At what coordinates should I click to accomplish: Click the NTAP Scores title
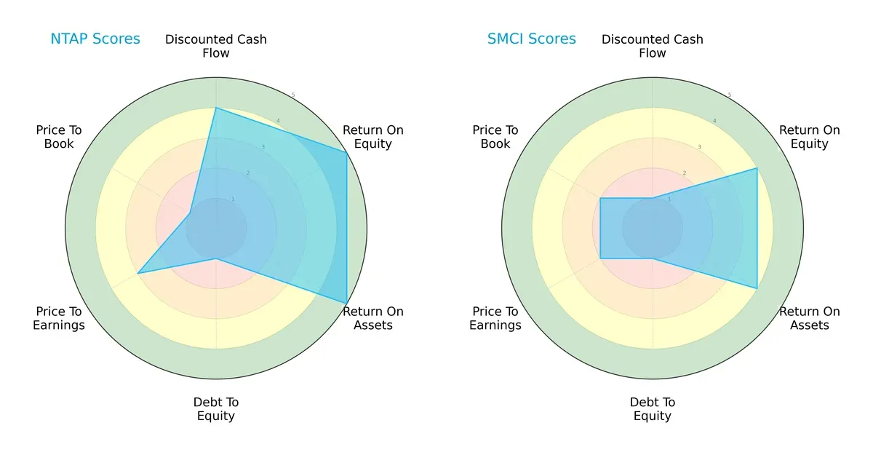coord(95,39)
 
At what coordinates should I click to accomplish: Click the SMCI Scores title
coord(531,39)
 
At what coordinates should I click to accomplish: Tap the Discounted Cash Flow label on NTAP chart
coord(216,46)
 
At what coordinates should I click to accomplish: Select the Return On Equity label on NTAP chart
coord(372,137)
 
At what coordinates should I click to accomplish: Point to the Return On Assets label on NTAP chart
coord(372,318)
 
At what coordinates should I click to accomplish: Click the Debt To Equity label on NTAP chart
coord(216,409)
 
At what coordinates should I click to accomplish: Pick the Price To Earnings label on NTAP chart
coord(59,318)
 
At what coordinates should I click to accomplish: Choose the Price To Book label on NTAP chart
coord(59,137)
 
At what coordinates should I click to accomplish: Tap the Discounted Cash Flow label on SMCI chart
coord(653,46)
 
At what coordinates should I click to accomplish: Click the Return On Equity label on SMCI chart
coord(809,137)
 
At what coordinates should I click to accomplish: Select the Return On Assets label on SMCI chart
coord(809,318)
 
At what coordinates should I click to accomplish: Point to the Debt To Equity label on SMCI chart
coord(653,409)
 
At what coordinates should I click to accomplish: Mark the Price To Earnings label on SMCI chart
coord(495,318)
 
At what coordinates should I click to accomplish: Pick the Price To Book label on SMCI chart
coord(495,137)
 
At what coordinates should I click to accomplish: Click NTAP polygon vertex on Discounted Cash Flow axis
coord(216,108)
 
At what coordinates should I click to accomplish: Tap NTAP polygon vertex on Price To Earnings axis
coord(138,273)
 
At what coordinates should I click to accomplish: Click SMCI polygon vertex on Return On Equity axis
coord(757,168)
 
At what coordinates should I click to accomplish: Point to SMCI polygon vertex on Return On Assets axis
coord(757,288)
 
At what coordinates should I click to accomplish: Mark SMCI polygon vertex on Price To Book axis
coord(600,198)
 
